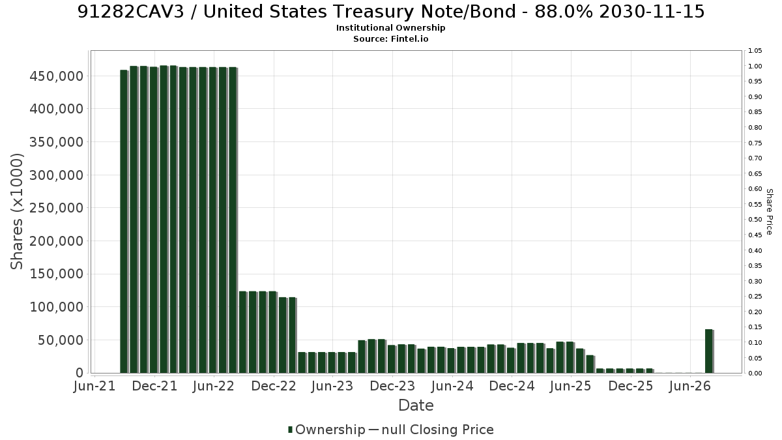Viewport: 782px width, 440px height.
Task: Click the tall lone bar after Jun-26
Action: pyautogui.click(x=709, y=351)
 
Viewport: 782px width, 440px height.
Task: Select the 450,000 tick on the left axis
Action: pyautogui.click(x=57, y=76)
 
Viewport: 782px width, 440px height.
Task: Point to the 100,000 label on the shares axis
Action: pyautogui.click(x=57, y=307)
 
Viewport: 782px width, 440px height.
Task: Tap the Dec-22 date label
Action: pyautogui.click(x=274, y=386)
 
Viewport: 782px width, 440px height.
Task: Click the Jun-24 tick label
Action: pyautogui.click(x=452, y=386)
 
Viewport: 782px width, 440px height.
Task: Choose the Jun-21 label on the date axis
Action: pyautogui.click(x=94, y=386)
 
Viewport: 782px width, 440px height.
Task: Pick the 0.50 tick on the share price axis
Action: pyautogui.click(x=755, y=220)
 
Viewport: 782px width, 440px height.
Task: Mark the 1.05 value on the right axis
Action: pyautogui.click(x=755, y=51)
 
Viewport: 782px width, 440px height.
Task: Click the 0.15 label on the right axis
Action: pyautogui.click(x=755, y=327)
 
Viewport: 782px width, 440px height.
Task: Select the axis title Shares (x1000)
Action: pyautogui.click(x=16, y=212)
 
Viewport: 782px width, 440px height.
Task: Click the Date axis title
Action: pyautogui.click(x=416, y=405)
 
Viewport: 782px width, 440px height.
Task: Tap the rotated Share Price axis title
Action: pyautogui.click(x=769, y=212)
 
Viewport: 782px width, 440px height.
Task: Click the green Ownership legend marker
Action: pyautogui.click(x=290, y=430)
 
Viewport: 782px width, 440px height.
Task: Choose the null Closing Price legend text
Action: pyautogui.click(x=437, y=430)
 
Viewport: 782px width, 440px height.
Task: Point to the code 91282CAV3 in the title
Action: pyautogui.click(x=130, y=12)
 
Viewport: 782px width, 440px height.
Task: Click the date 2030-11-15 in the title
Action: pyautogui.click(x=652, y=12)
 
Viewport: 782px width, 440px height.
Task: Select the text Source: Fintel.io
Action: pyautogui.click(x=390, y=38)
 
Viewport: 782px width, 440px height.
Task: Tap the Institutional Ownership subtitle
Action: pyautogui.click(x=390, y=28)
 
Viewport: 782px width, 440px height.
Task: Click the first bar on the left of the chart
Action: pyautogui.click(x=124, y=222)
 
